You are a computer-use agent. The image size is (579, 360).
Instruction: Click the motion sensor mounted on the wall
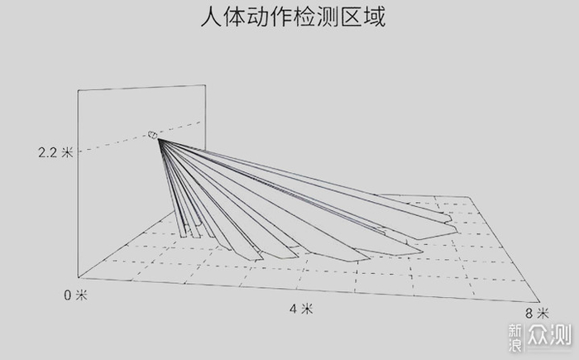(153, 135)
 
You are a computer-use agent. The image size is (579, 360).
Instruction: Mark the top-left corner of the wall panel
(79, 89)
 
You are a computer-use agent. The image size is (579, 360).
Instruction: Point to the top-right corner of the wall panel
(204, 81)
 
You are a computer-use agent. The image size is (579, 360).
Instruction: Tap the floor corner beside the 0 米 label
(79, 280)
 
